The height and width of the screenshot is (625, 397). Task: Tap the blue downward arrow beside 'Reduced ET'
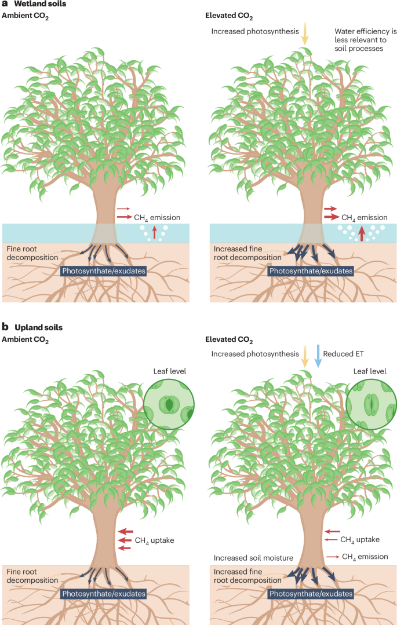[318, 355]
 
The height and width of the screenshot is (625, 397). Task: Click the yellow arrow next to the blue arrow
[305, 355]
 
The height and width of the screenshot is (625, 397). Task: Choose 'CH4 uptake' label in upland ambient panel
[154, 540]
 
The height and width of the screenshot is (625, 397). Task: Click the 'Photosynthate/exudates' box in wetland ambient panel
[103, 271]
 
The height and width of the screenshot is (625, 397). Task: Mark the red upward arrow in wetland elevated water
[362, 233]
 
